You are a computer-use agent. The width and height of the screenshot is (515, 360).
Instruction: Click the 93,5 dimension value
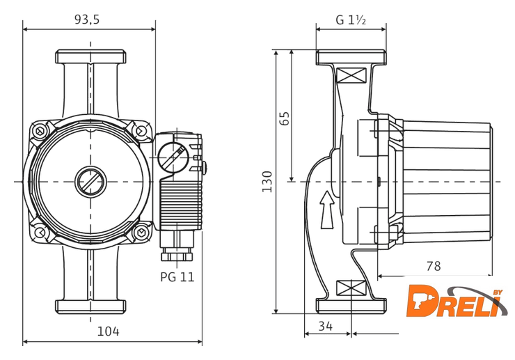tap(87, 20)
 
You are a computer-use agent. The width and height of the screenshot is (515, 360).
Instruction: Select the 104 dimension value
tap(108, 331)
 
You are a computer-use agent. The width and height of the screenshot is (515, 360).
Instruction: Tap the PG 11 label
tap(177, 276)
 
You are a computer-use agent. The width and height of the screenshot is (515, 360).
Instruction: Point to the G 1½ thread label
tap(351, 20)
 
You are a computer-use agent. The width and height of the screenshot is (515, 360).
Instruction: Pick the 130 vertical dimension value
tap(267, 181)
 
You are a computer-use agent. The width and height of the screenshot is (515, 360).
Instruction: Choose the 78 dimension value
tap(432, 267)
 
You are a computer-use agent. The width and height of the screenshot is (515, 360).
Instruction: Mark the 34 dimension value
tap(326, 325)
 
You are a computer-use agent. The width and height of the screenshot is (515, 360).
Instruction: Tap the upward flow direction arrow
tap(326, 210)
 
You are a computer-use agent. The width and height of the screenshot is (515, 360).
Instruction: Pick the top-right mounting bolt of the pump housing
tap(141, 130)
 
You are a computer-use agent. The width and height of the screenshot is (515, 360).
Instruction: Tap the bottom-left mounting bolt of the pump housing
tap(40, 232)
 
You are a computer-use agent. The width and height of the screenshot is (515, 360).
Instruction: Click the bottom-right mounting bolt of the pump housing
tap(141, 232)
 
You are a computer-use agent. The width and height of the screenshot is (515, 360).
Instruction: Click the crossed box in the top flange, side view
tap(351, 75)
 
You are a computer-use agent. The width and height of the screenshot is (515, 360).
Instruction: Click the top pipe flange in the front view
tap(90, 56)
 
